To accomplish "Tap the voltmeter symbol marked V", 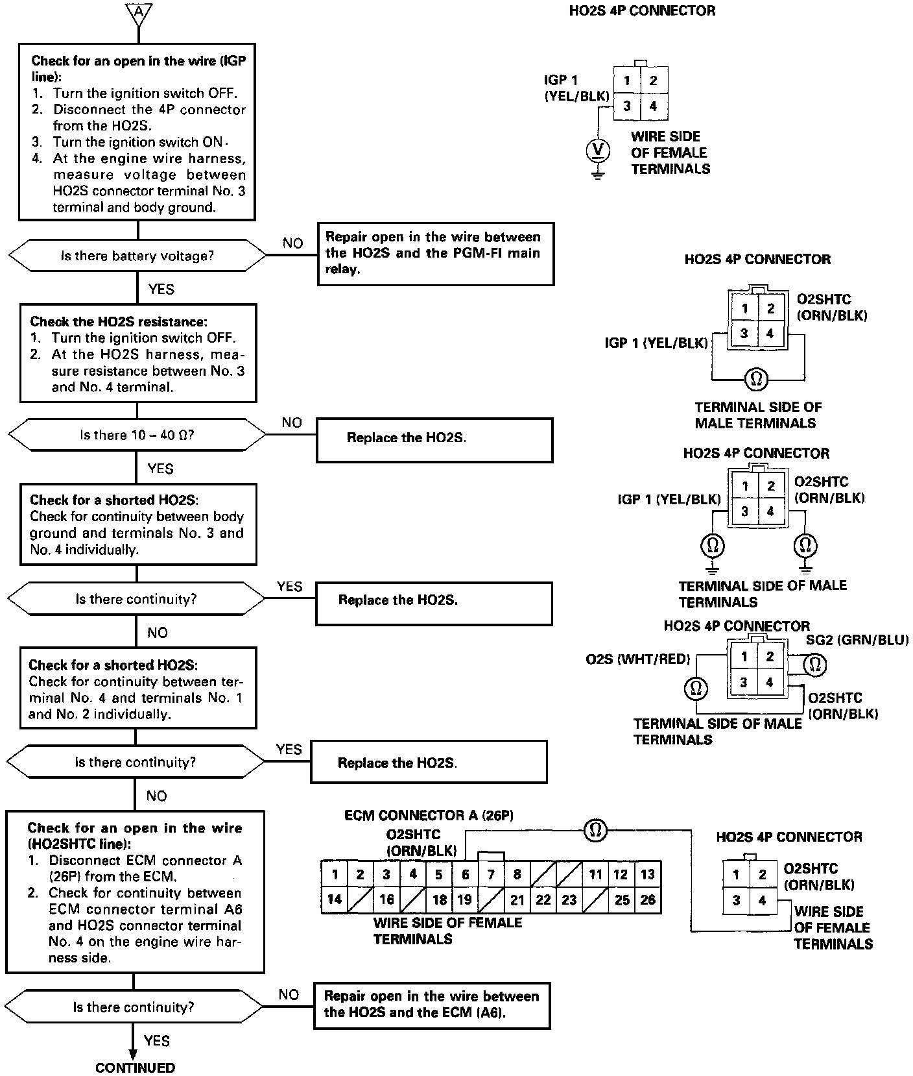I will [598, 151].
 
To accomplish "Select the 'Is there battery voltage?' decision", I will [137, 256].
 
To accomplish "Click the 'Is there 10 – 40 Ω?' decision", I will [137, 435].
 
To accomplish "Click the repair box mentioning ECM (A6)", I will [432, 1005].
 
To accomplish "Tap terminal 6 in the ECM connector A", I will [465, 874].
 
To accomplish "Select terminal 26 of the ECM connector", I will [647, 899].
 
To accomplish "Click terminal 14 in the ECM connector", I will [335, 899].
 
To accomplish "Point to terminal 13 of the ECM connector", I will [647, 874].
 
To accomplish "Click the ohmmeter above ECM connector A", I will [595, 830].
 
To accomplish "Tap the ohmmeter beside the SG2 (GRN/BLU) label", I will [815, 664].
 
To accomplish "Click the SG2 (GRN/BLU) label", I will [857, 640].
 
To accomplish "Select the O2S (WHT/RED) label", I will [637, 659].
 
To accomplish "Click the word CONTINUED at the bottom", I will [135, 1068].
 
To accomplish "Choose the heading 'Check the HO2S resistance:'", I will [119, 322].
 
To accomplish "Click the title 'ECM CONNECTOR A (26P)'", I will [429, 816].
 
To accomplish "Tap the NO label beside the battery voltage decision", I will [292, 243].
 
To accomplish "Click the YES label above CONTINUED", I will [157, 1041].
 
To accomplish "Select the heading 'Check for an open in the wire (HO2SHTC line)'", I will [134, 836].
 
